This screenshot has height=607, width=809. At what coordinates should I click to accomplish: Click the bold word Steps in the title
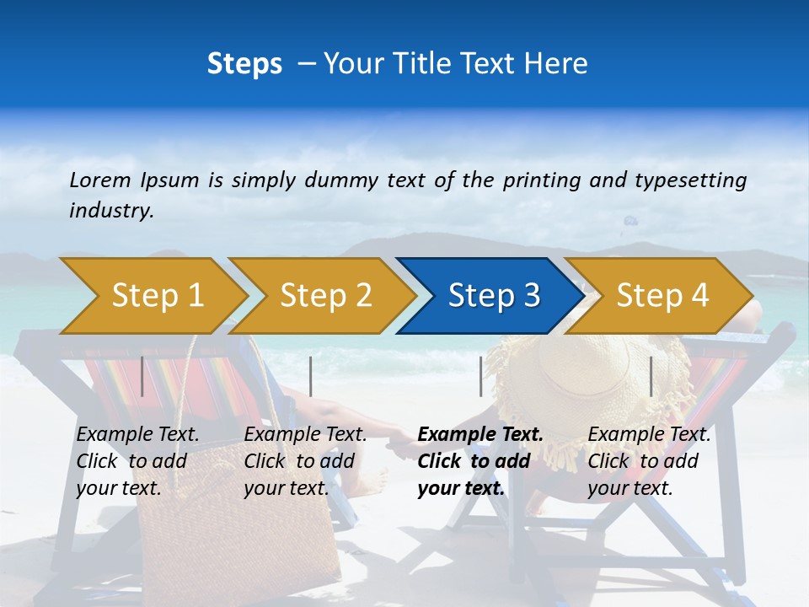(x=244, y=63)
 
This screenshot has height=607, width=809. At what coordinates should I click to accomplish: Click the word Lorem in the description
(x=100, y=180)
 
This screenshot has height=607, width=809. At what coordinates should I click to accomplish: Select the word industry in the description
(x=110, y=211)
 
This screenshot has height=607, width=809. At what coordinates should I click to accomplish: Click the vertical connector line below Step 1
(x=142, y=376)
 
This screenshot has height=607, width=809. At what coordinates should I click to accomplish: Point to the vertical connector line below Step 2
(x=311, y=376)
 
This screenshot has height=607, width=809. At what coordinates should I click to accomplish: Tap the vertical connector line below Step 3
(x=480, y=376)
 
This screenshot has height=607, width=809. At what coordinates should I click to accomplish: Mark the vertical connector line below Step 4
(x=651, y=376)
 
